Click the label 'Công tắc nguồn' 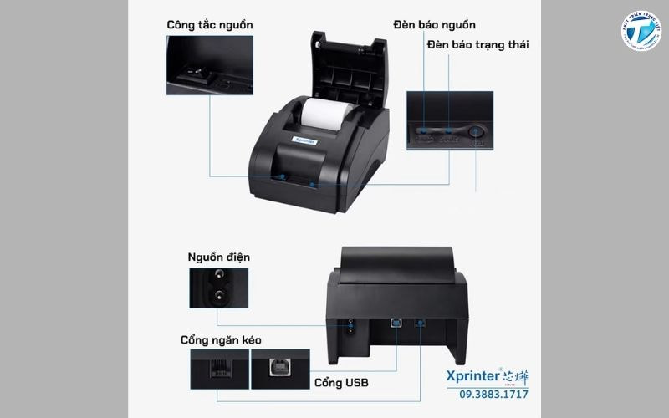click(x=209, y=25)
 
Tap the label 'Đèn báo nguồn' click(x=435, y=25)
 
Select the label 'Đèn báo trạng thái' click(x=477, y=44)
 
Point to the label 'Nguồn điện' click(x=218, y=257)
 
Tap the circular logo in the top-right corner click(x=641, y=34)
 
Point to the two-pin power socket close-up click(x=218, y=288)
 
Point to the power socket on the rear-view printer click(x=350, y=327)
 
